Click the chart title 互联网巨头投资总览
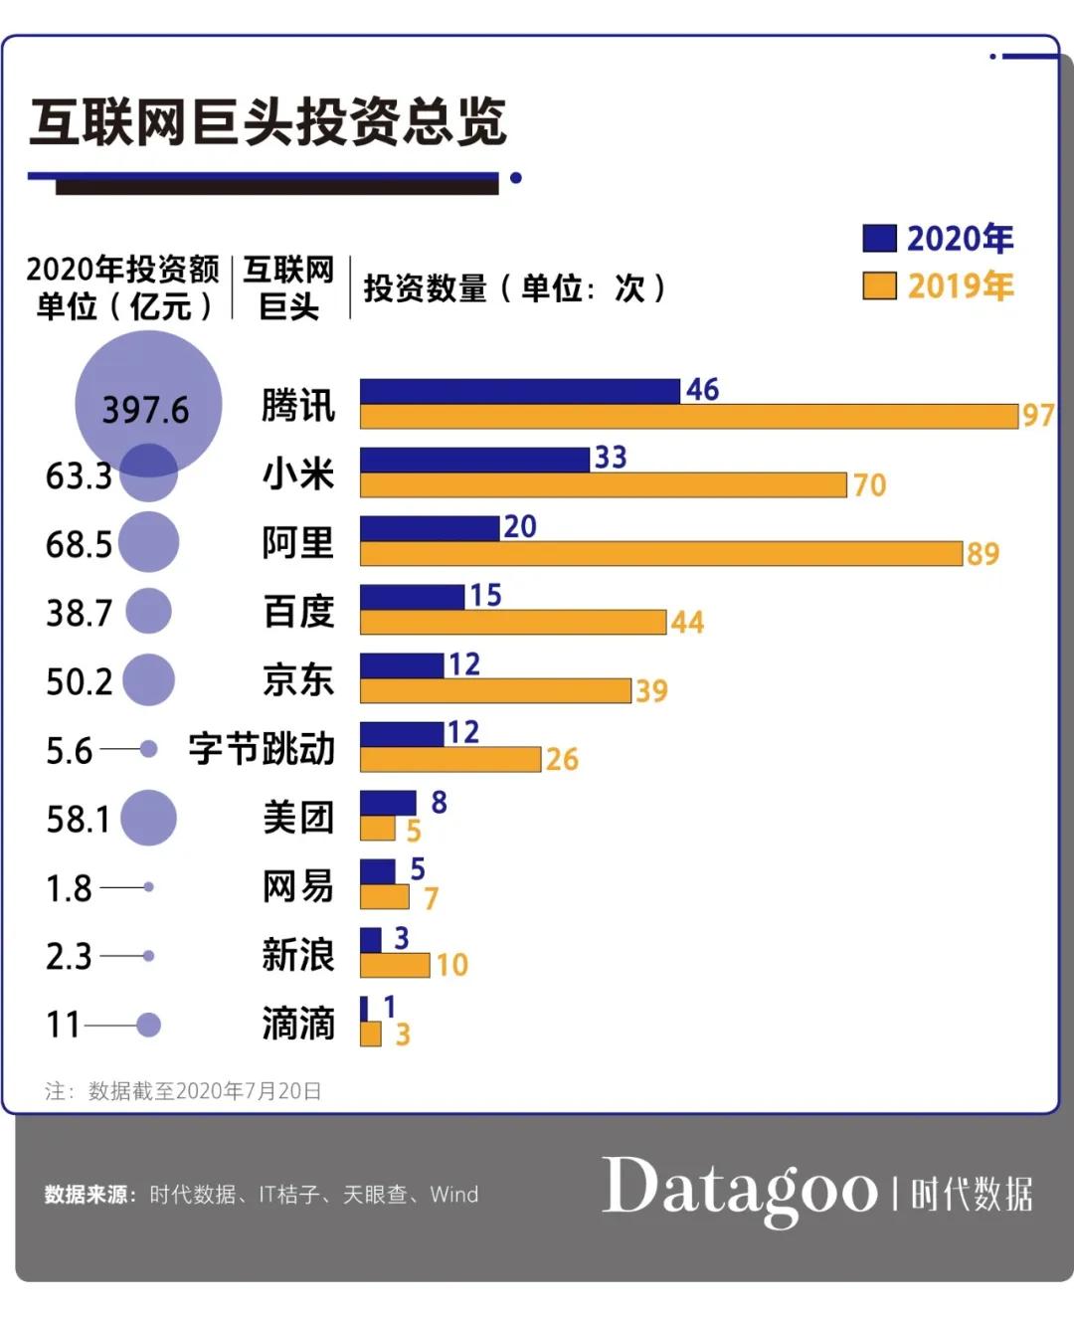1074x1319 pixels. (268, 122)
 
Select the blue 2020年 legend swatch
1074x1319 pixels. (878, 239)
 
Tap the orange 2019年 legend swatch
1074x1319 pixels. (878, 286)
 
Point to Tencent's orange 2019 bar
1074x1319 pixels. (688, 417)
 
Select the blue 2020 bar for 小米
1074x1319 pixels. (474, 459)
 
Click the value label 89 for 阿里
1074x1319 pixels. (983, 554)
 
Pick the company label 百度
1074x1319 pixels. (297, 611)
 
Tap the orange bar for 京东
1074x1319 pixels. (495, 691)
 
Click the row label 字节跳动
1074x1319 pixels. (262, 749)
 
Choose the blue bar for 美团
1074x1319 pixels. (388, 802)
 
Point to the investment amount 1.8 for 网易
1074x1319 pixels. (69, 887)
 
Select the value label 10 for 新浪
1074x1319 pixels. (451, 965)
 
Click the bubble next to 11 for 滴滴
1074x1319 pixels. (148, 1025)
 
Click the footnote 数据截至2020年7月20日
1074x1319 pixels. (204, 1091)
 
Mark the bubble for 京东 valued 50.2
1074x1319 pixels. (148, 680)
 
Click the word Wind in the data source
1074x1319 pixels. (453, 1195)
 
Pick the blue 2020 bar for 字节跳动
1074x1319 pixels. (401, 734)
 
